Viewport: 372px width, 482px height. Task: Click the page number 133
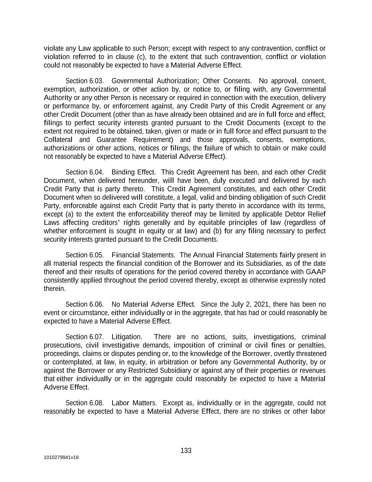[x=186, y=451]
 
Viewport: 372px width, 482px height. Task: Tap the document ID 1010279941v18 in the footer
[x=61, y=457]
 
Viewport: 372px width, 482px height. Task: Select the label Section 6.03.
[x=85, y=81]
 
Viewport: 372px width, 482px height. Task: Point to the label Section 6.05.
[x=85, y=255]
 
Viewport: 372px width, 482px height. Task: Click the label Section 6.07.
[x=85, y=337]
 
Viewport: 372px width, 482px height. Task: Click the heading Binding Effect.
[x=134, y=172]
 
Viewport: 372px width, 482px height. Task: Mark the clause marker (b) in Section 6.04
[x=207, y=231]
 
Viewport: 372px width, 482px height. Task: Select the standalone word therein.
[x=55, y=288]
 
